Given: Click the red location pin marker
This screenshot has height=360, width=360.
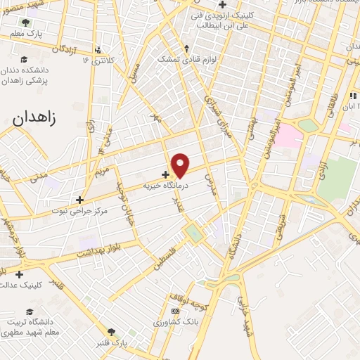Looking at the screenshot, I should (x=181, y=165).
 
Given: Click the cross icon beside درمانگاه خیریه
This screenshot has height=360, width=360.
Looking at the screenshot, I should (x=165, y=174).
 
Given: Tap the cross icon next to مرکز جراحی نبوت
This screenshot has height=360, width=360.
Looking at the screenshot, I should (x=80, y=200).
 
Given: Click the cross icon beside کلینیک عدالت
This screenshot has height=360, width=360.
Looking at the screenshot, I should (x=19, y=274).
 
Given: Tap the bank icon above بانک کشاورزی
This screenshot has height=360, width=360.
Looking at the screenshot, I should (x=174, y=310).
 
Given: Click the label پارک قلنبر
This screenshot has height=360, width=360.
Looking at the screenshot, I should (x=112, y=342).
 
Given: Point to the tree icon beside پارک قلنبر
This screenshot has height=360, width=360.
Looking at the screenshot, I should (x=111, y=332).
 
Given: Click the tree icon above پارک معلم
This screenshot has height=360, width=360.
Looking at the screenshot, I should (x=26, y=22).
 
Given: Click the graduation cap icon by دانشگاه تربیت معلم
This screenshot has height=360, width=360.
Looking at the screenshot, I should (x=29, y=311).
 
